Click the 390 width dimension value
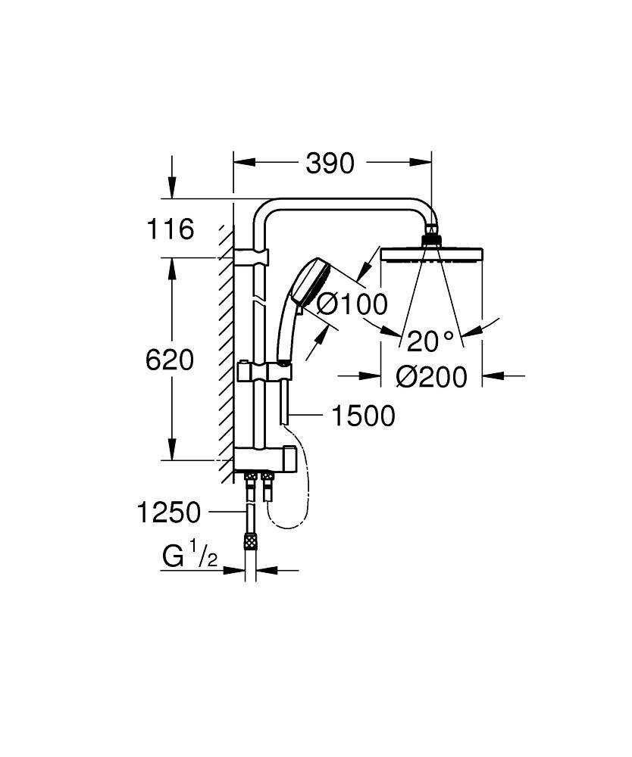(x=330, y=163)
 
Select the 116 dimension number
(x=171, y=228)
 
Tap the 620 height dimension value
(x=170, y=360)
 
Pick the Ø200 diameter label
(x=431, y=376)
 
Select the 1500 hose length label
(x=361, y=416)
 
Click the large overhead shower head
(x=431, y=253)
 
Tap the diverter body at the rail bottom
(x=262, y=458)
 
